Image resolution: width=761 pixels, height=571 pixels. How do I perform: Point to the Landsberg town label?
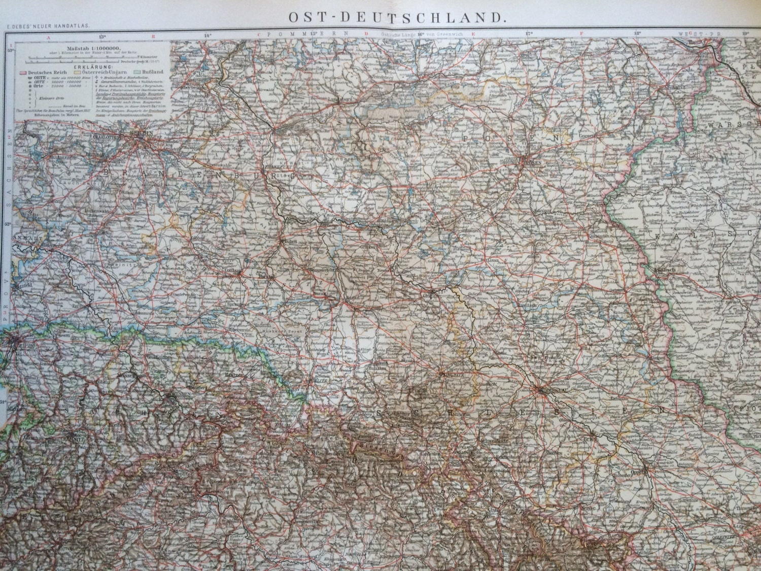coord(339,99)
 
